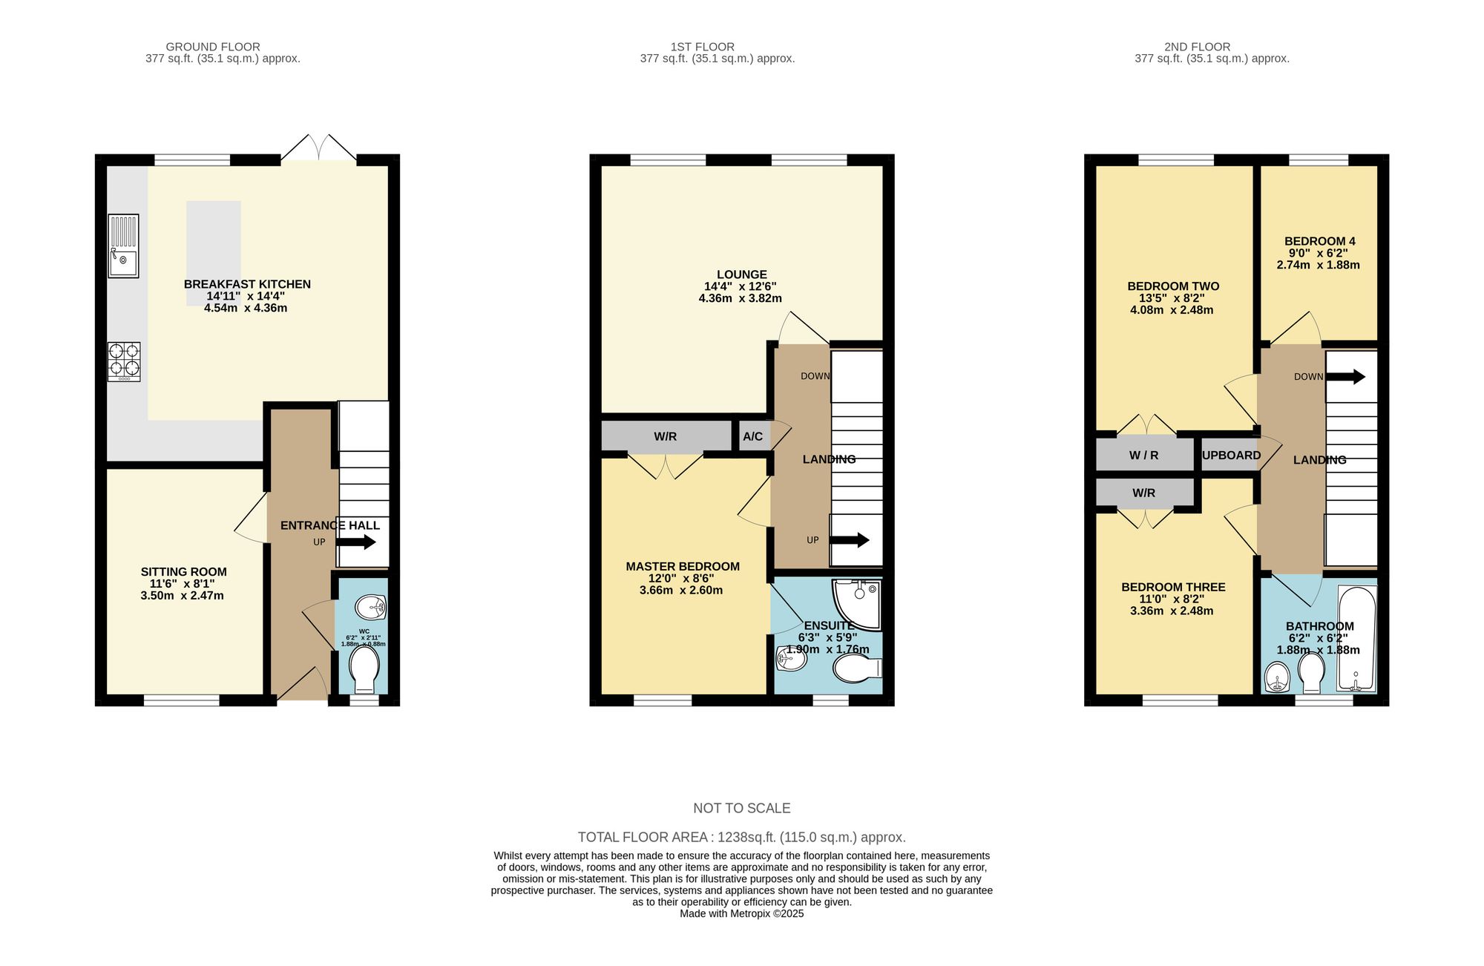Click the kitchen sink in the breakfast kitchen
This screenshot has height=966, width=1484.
[x=123, y=246]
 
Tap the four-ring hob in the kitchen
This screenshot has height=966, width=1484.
[x=124, y=360]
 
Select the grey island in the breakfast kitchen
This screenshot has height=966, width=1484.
[x=214, y=252]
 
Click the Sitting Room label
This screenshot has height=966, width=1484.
[x=183, y=572]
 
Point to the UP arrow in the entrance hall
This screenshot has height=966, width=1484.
[x=357, y=542]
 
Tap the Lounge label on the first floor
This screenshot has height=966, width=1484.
[x=741, y=275]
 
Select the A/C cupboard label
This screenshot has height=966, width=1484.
[x=752, y=436]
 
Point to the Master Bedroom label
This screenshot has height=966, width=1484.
[x=682, y=567]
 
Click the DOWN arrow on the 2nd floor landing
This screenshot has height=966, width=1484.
[x=1345, y=377]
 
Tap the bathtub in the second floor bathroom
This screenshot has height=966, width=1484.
[x=1356, y=638]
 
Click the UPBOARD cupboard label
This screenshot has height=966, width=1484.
[x=1231, y=456]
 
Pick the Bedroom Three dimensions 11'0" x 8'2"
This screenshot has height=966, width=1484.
[x=1172, y=599]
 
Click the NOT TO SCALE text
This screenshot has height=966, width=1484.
[x=741, y=808]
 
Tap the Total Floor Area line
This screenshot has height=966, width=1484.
[x=741, y=837]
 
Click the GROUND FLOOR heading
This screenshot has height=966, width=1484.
[x=212, y=47]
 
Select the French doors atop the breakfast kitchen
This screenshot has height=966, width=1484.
[x=318, y=148]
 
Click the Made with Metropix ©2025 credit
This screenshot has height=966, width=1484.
[x=741, y=913]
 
